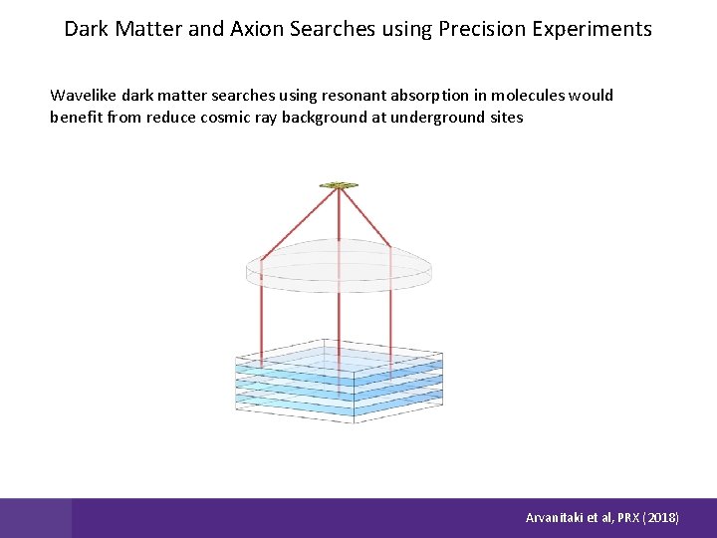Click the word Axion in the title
point(257,29)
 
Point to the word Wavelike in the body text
point(84,96)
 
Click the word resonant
point(361,96)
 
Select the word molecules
point(531,96)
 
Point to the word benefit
point(76,118)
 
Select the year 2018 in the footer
point(661,518)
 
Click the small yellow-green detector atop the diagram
point(339,185)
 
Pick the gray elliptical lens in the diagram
point(340,267)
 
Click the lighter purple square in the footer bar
point(36,518)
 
